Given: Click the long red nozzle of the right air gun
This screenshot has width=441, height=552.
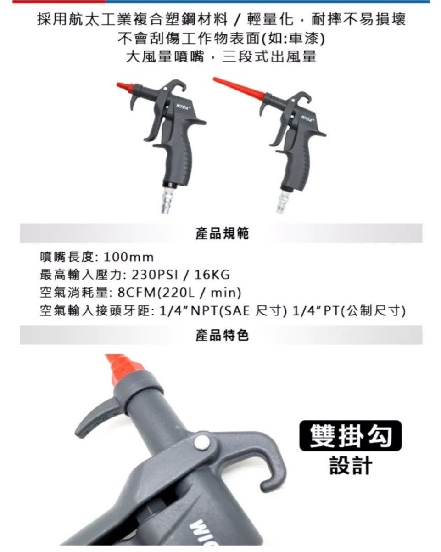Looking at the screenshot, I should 239,87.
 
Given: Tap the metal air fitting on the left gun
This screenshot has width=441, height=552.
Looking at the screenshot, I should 166,202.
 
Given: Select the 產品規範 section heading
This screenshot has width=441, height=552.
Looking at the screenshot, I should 222,234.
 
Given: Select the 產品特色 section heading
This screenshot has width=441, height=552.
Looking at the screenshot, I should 222,336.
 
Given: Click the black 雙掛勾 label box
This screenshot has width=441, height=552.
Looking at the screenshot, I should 350,435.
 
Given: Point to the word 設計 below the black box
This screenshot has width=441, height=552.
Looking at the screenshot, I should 351,465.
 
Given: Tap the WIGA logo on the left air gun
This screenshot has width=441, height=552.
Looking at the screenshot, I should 181,106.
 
